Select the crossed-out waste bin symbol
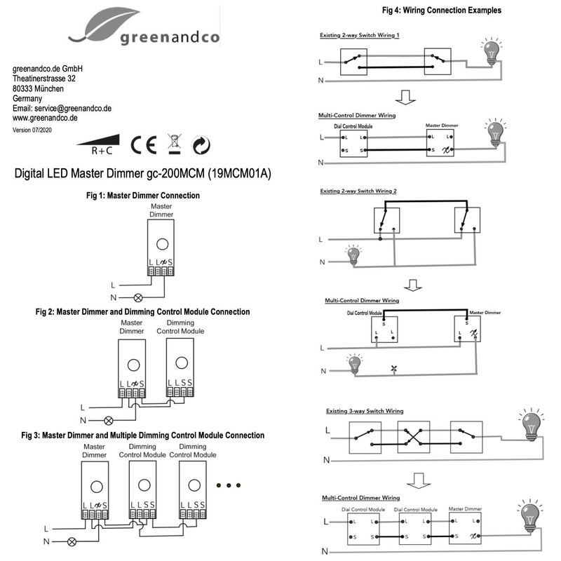click(172, 144)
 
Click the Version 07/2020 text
click(32, 130)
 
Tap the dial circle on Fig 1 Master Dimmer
click(162, 244)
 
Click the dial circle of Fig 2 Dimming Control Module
click(181, 363)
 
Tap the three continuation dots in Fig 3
click(229, 485)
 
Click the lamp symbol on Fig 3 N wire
click(71, 542)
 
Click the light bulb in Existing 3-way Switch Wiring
click(531, 424)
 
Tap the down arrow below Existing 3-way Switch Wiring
click(419, 480)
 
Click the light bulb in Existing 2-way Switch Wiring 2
click(354, 254)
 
